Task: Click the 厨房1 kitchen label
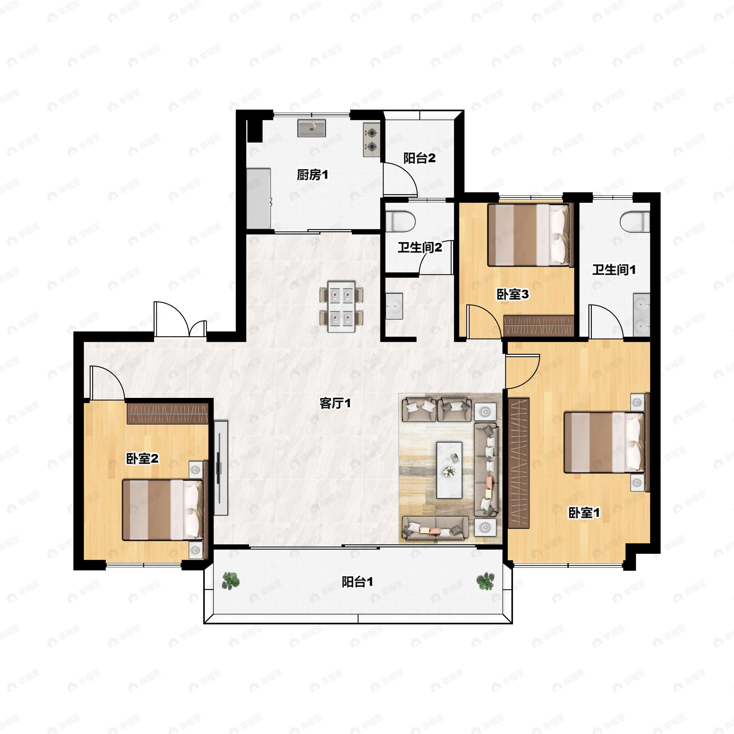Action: click(312, 175)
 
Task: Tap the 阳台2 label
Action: click(419, 158)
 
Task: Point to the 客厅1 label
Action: click(335, 403)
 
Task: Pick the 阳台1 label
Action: click(357, 582)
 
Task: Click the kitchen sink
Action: click(312, 128)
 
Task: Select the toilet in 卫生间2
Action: click(400, 221)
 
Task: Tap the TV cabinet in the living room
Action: click(221, 468)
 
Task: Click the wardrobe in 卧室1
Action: click(519, 463)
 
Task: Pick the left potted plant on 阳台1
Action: click(231, 581)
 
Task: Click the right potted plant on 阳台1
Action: click(485, 581)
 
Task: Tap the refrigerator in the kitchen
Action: click(258, 199)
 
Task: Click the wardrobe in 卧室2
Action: click(168, 413)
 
